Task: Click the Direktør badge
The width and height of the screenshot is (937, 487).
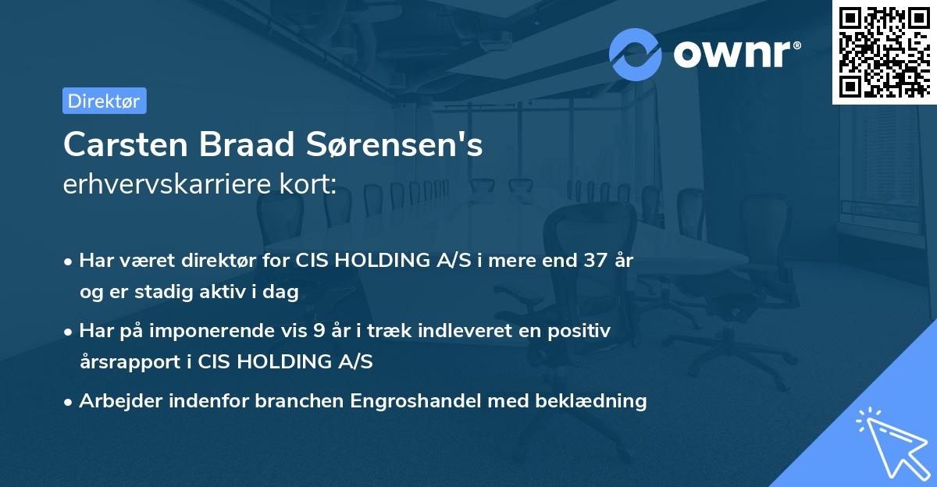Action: tap(104, 101)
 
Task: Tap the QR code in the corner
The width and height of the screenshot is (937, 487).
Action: tap(885, 52)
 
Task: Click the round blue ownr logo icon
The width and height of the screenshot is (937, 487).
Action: tap(636, 54)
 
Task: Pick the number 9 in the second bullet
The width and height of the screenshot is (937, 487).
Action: tap(319, 331)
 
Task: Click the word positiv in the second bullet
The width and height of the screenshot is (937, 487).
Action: tap(583, 331)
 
